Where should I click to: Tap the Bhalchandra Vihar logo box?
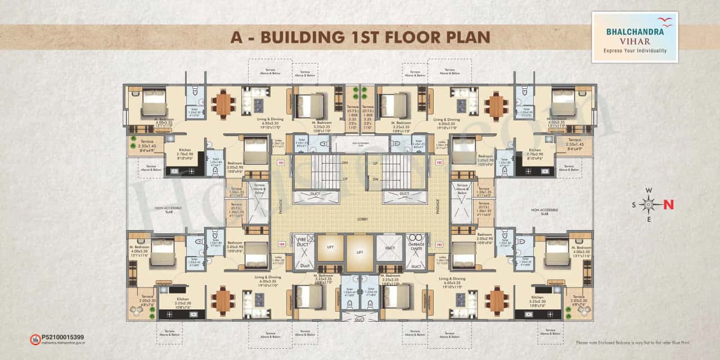click(x=634, y=37)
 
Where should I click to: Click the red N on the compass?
click(x=669, y=205)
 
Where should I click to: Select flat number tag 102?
click(x=439, y=164)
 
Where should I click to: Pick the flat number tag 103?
click(x=439, y=244)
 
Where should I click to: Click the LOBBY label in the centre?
click(x=361, y=219)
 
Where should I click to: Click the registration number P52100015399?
click(x=63, y=336)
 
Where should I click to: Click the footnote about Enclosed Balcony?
click(x=633, y=343)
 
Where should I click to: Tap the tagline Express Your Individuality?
click(x=634, y=51)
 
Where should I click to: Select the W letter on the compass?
click(x=649, y=190)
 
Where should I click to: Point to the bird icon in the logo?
click(x=665, y=22)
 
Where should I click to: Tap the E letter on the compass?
click(x=649, y=219)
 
